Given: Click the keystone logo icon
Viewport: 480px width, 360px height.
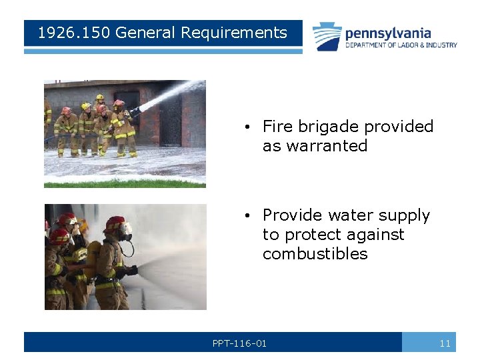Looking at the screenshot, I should [x=327, y=36].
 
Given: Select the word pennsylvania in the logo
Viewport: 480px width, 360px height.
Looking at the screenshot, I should [x=388, y=33].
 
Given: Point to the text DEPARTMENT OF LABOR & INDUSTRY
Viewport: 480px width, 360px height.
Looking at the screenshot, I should [x=401, y=45].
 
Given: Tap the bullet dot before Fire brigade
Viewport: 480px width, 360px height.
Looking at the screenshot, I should [x=247, y=127].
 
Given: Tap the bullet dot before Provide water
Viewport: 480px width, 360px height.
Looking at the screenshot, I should [x=247, y=216].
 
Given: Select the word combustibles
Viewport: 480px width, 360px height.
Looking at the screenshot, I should [x=315, y=254].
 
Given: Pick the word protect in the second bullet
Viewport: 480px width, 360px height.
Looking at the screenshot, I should [x=311, y=235].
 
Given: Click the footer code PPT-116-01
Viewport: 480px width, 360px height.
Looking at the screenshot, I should [x=239, y=343].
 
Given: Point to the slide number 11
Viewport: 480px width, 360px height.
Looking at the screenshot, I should [x=445, y=343].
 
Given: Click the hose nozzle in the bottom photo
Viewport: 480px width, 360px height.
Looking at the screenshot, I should [x=131, y=271].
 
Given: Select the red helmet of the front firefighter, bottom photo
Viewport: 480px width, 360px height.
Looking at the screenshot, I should [x=115, y=223].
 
